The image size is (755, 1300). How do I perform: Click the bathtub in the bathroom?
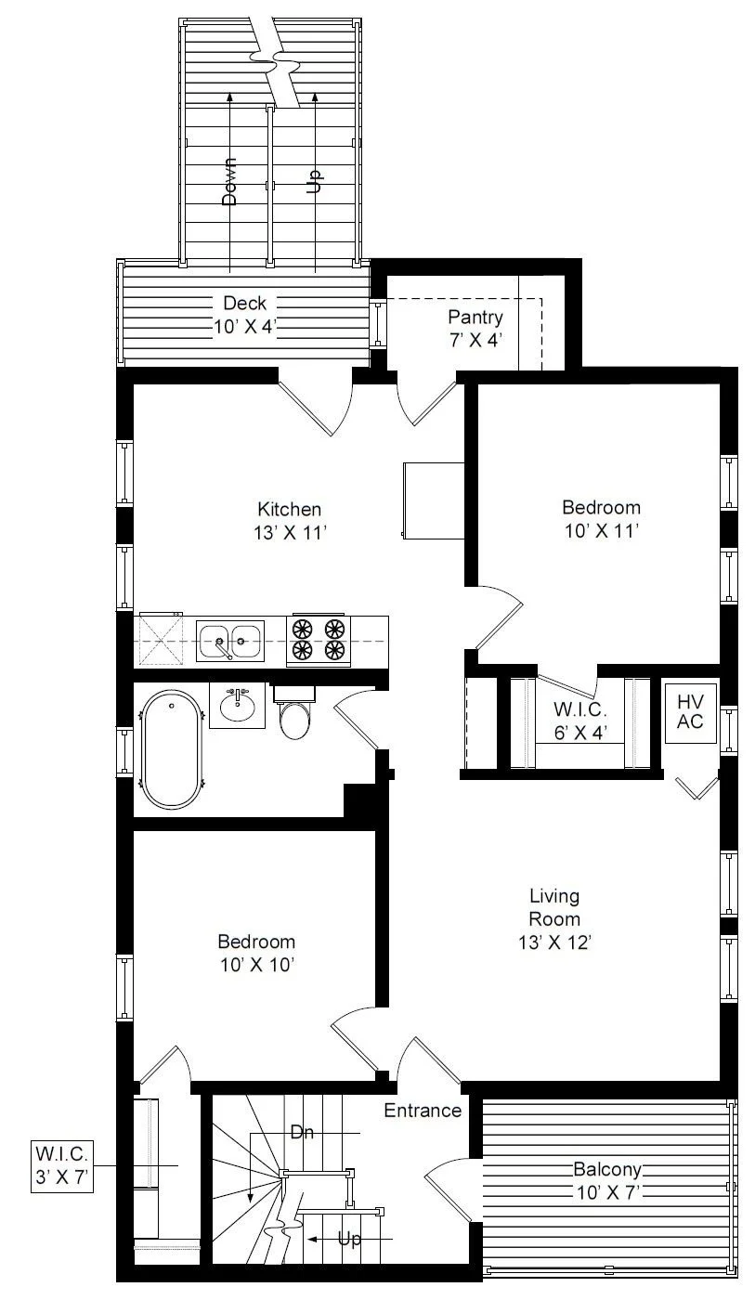point(172,750)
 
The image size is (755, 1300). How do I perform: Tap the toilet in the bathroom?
point(294,713)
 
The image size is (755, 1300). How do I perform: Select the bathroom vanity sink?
point(238,705)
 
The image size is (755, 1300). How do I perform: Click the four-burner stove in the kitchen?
point(319,639)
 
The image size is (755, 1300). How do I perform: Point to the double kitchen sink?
point(230,641)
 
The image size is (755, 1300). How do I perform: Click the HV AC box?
point(691,713)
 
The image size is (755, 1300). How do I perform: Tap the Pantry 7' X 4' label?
point(475,328)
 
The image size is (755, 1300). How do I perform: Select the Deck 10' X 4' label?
point(244,315)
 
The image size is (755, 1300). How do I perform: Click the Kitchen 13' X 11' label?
point(290,521)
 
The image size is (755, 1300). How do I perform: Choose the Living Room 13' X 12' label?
point(554,918)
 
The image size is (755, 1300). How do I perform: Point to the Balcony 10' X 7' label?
point(607,1180)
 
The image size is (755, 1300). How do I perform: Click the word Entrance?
point(423,1111)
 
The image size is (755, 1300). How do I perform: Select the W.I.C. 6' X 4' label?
point(580,721)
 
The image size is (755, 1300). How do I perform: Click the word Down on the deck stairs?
point(229,182)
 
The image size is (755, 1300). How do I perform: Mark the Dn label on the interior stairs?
point(303,1132)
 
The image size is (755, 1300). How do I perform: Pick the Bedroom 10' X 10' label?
point(256,953)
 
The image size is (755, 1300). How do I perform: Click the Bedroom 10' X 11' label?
point(602,519)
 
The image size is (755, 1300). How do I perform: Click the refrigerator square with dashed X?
point(159,640)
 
